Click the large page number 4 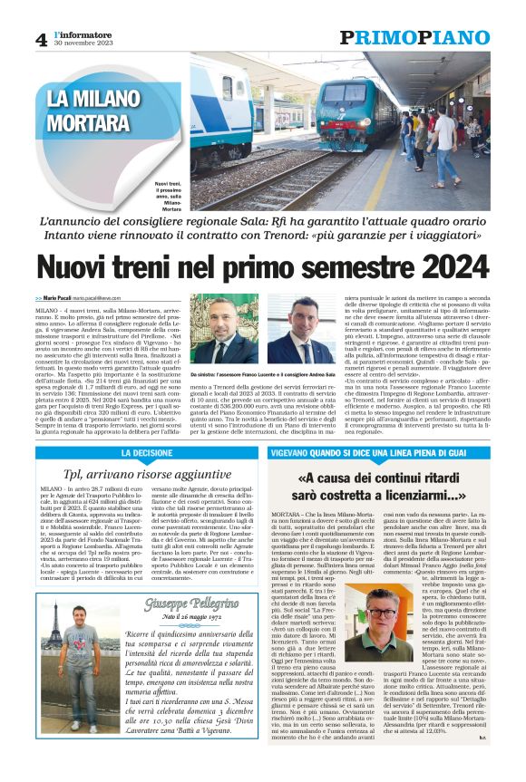point(41,40)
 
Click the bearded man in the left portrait point(219,326)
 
